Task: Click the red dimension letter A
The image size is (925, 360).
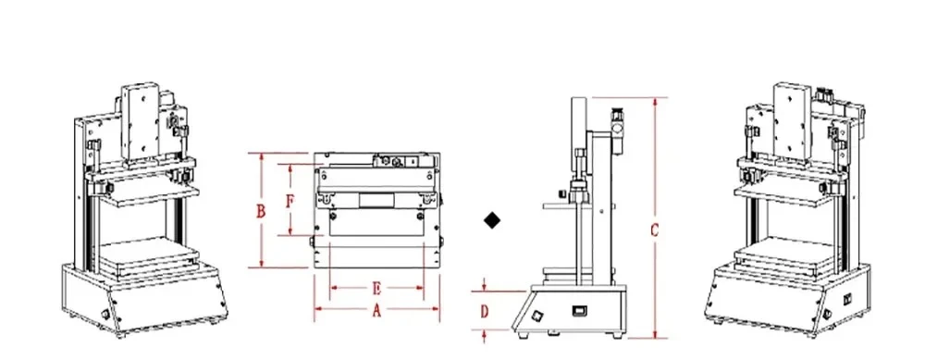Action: click(x=376, y=312)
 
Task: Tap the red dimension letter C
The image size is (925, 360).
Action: click(x=655, y=231)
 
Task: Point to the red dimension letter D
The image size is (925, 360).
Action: click(x=484, y=312)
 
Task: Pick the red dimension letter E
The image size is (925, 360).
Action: click(x=376, y=287)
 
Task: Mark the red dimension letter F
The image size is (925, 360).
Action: click(x=290, y=200)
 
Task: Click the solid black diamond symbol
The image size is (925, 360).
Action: click(x=493, y=220)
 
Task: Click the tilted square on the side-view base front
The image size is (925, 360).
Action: click(x=534, y=317)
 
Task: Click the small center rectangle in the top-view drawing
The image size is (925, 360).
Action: click(x=376, y=200)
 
